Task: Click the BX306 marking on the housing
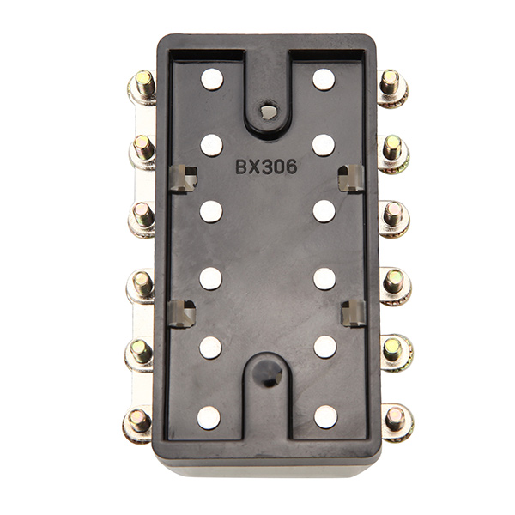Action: pyautogui.click(x=266, y=167)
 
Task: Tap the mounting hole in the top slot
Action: pyautogui.click(x=268, y=111)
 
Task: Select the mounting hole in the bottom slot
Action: pyautogui.click(x=268, y=371)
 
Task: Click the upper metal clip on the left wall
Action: pyautogui.click(x=183, y=178)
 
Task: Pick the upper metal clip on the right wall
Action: pyautogui.click(x=350, y=178)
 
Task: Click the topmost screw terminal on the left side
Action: pyautogui.click(x=142, y=86)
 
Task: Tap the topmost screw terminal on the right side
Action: pyautogui.click(x=391, y=86)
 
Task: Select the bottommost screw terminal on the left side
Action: pyautogui.click(x=138, y=421)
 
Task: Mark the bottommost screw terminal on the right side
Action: pyautogui.click(x=396, y=420)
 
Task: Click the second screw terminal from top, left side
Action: pyautogui.click(x=142, y=149)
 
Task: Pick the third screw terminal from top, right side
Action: pyautogui.click(x=393, y=215)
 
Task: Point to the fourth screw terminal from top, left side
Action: pyautogui.click(x=141, y=284)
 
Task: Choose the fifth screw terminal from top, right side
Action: pyautogui.click(x=394, y=350)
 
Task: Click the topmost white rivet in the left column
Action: pyautogui.click(x=211, y=80)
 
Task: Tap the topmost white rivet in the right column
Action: pyautogui.click(x=324, y=80)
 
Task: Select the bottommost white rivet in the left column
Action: pyautogui.click(x=209, y=417)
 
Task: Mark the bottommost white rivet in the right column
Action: pyautogui.click(x=325, y=417)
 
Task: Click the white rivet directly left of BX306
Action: pyautogui.click(x=211, y=145)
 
